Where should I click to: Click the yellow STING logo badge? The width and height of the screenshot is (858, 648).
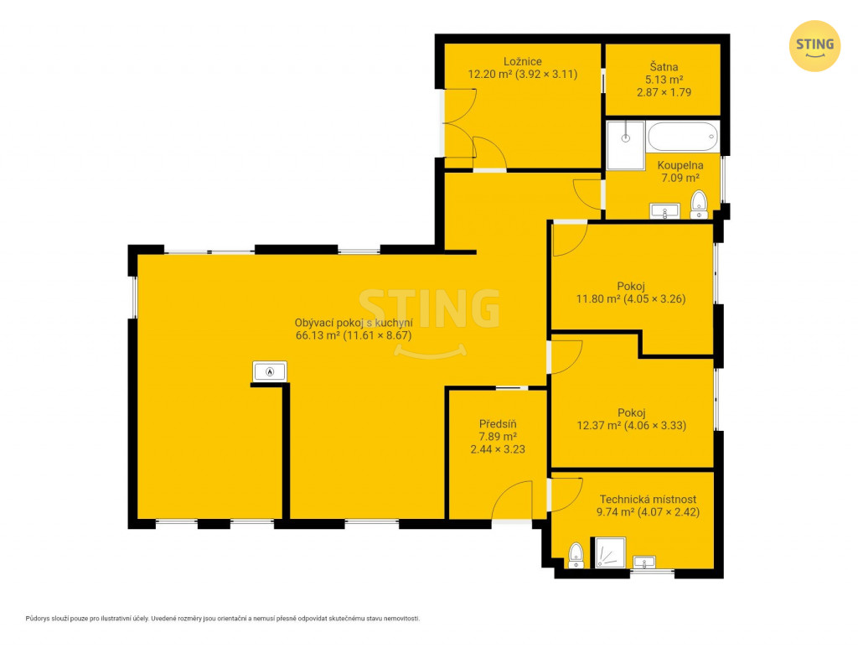[814, 46]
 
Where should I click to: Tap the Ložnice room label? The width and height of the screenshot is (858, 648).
[523, 62]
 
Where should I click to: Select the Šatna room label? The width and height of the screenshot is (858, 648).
[664, 67]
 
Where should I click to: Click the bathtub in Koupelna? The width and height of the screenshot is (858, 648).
[682, 137]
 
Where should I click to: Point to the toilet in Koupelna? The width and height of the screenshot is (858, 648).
[699, 205]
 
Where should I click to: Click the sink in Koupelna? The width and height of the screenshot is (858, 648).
[664, 210]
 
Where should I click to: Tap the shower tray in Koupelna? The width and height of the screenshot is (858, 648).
[625, 145]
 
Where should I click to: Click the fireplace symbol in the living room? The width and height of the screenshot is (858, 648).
[269, 371]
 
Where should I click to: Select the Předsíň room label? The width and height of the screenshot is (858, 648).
[498, 423]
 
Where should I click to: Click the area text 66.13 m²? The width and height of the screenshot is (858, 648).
[318, 335]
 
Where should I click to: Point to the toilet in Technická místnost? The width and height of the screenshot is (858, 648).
[576, 555]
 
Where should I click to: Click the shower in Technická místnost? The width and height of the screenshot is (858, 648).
[610, 552]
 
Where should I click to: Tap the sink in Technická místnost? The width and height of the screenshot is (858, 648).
[644, 562]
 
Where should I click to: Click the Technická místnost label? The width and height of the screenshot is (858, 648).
[648, 499]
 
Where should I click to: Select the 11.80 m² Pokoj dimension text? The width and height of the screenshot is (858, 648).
[631, 298]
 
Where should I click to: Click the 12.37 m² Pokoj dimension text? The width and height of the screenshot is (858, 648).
[632, 425]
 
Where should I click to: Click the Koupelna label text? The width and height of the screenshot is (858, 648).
[680, 165]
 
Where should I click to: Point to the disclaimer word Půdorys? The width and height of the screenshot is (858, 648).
[37, 619]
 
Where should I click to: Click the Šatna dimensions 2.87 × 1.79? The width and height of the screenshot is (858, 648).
[664, 92]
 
